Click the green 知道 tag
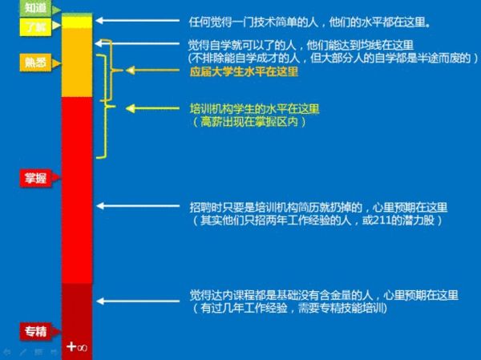tap(34, 8)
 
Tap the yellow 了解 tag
tap(34, 26)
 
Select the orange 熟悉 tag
tap(34, 62)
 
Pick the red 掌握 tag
tap(34, 178)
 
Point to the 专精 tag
tap(34, 331)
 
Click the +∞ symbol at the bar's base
tap(77, 346)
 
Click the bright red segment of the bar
tap(77, 188)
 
